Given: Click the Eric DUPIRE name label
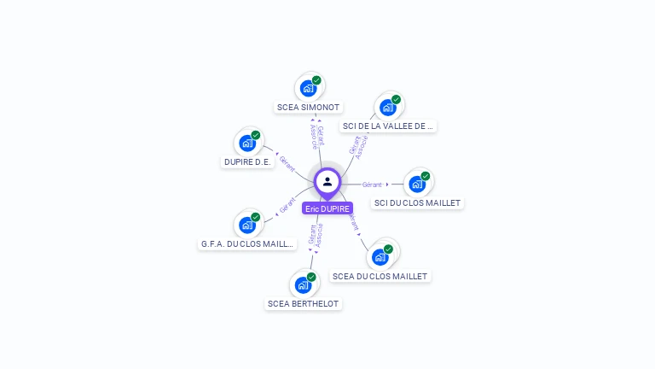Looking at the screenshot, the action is click(327, 208).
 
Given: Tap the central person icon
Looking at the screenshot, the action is click(327, 181).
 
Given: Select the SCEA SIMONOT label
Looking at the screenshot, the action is click(309, 108).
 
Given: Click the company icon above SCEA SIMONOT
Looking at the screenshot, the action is click(309, 88).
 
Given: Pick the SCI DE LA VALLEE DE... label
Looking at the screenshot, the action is click(388, 126).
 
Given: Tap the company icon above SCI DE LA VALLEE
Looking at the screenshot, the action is click(388, 108).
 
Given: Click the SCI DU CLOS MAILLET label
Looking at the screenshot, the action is click(417, 203).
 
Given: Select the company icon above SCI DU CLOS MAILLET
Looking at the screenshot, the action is click(417, 184).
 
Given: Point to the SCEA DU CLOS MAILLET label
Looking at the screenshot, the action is click(380, 276).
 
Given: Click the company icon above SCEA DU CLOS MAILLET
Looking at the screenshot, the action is click(380, 256).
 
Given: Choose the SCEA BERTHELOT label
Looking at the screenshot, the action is click(304, 304).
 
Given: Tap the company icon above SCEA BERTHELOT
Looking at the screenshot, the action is click(304, 284).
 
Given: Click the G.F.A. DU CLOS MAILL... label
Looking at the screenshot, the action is click(247, 244).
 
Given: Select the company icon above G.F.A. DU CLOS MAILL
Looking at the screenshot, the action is click(247, 225).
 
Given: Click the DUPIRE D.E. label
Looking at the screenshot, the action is click(247, 162).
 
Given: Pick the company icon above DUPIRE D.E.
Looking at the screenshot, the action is click(247, 143).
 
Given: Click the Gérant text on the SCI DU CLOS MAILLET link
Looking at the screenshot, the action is click(372, 184).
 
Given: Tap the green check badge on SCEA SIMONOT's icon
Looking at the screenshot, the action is click(316, 80).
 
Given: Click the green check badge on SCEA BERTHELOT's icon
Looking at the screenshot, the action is click(311, 277).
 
